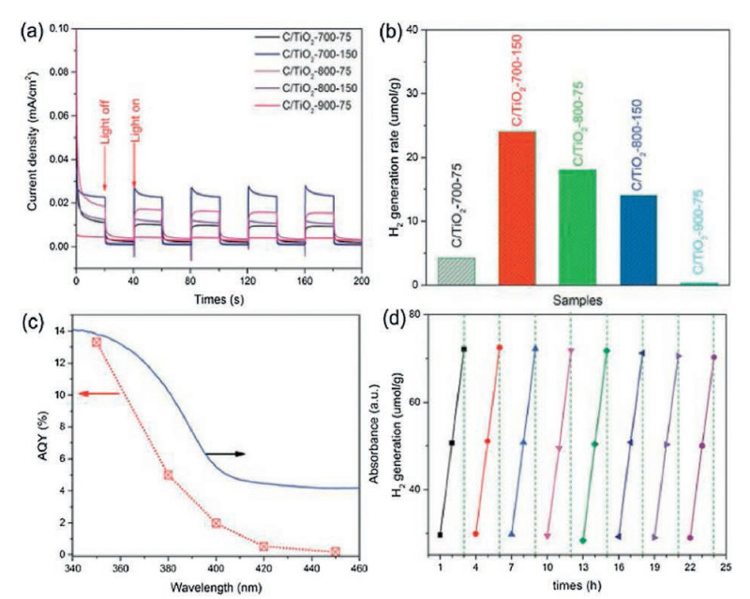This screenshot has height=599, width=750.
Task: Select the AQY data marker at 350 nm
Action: pyautogui.click(x=97, y=342)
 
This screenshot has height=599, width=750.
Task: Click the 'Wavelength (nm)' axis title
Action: pyautogui.click(x=217, y=587)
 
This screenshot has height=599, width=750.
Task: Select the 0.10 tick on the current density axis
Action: pyautogui.click(x=58, y=29)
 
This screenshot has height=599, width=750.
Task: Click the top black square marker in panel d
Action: pyautogui.click(x=463, y=349)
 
